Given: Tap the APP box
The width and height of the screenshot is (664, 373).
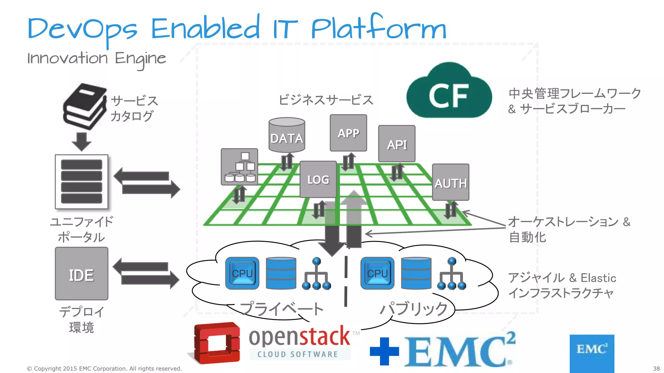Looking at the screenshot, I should click(x=348, y=133).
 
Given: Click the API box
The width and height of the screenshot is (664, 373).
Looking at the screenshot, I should click(x=397, y=144).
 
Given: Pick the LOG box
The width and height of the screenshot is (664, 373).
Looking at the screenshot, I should click(x=318, y=179).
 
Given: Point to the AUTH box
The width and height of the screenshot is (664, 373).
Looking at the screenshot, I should click(x=450, y=183).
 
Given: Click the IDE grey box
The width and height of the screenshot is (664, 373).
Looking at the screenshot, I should click(x=81, y=274).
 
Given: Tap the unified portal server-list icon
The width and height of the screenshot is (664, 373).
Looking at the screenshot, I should click(x=81, y=182).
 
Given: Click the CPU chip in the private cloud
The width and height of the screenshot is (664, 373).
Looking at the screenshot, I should click(x=242, y=273).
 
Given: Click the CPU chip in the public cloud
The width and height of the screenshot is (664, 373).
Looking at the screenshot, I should click(x=377, y=273).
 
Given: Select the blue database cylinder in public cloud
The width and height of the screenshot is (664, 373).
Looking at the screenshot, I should click(x=416, y=273).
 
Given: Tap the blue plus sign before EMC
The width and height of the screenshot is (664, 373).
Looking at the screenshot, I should click(x=384, y=351).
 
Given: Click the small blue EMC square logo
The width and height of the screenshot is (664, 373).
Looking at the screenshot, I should click(x=592, y=353).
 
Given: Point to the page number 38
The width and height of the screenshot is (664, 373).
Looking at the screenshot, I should click(x=656, y=368).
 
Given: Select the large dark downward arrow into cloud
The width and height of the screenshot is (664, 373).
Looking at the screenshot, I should click(x=332, y=233).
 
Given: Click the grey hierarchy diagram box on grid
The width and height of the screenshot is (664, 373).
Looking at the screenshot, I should click(x=239, y=167).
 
